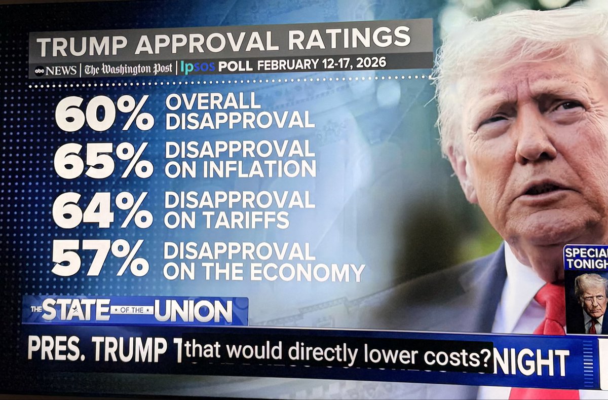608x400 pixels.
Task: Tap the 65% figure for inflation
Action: point(103,160)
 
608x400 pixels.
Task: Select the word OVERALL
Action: point(213,102)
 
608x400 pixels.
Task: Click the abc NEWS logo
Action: point(55,70)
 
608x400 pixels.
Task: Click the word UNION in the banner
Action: point(193,311)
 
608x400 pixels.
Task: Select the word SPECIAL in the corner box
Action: point(587,252)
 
